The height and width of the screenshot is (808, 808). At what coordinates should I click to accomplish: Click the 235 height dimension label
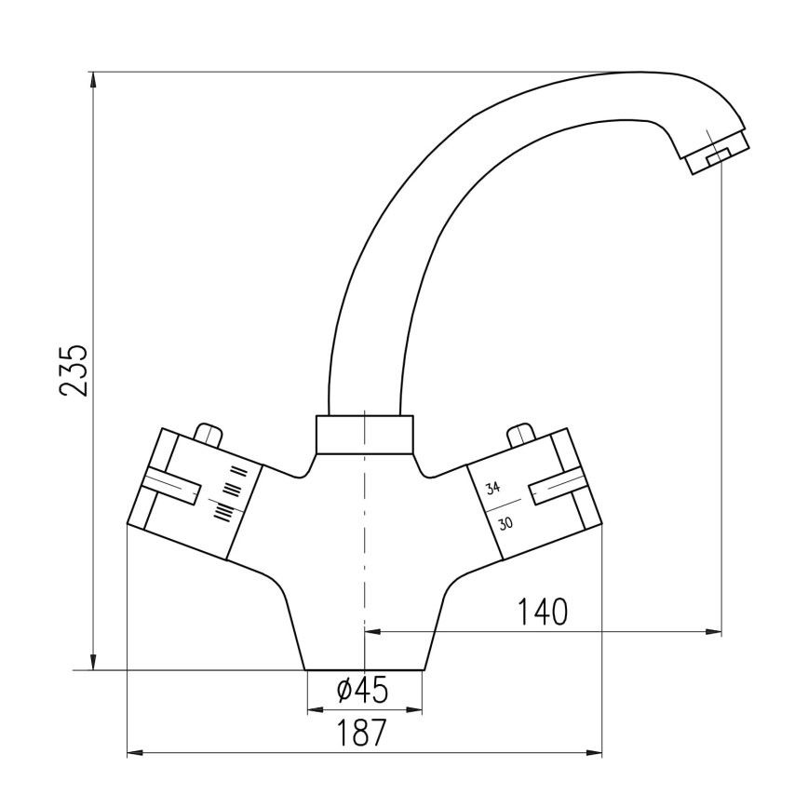click(x=74, y=370)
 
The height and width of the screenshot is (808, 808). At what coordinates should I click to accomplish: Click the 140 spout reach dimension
click(x=543, y=613)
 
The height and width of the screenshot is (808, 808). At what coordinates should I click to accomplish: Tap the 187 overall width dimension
click(x=363, y=733)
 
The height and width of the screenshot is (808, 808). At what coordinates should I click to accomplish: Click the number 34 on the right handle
click(x=492, y=487)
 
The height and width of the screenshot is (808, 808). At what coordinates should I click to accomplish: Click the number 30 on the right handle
click(x=505, y=523)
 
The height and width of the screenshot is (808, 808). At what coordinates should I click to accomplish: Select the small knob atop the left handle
click(x=209, y=433)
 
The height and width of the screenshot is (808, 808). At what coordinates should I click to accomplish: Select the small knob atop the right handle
click(x=518, y=434)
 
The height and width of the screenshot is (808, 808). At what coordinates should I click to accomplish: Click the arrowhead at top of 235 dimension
click(x=92, y=79)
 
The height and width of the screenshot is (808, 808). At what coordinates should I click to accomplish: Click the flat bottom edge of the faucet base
click(x=364, y=670)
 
